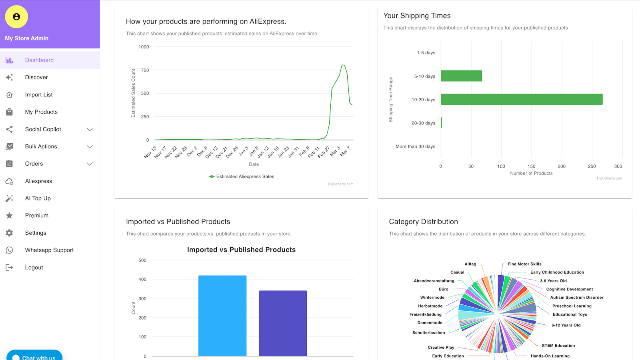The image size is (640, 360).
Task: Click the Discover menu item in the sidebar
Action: (36, 77)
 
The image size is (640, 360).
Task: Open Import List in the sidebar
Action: (39, 95)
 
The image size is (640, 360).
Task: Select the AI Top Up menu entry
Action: (38, 198)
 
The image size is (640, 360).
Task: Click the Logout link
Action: (34, 268)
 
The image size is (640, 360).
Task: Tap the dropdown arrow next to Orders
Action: (90, 164)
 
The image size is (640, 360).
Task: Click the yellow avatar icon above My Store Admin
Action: (16, 17)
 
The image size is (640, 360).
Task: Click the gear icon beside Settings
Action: (10, 233)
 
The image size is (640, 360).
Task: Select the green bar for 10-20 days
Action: (521, 100)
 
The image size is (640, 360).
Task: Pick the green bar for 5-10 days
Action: (461, 76)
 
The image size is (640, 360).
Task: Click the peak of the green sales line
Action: (343, 65)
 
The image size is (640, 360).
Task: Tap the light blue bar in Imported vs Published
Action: (222, 316)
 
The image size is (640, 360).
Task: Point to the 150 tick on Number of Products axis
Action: (531, 166)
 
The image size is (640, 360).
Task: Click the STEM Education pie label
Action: (558, 346)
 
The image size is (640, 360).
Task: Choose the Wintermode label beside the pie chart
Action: (432, 298)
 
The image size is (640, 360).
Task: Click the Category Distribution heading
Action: (423, 222)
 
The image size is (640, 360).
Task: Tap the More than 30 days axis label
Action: (415, 147)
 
